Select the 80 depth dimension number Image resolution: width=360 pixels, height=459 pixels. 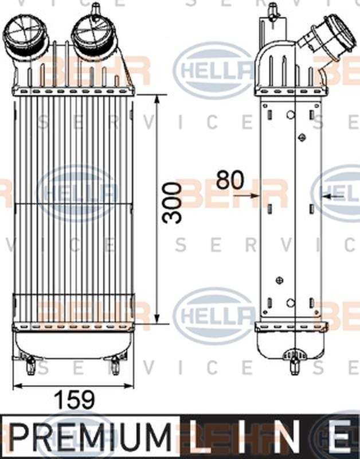pos(230,180)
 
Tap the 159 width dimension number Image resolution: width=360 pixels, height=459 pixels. pos(73,400)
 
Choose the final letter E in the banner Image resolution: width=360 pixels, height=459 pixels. pos(341,438)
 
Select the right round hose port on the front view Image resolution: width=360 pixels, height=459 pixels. pos(91,33)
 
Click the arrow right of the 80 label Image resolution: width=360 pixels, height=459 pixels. pos(332,196)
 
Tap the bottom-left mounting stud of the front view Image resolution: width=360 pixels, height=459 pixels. pos(30,363)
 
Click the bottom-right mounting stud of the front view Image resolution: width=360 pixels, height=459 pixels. pos(115,363)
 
